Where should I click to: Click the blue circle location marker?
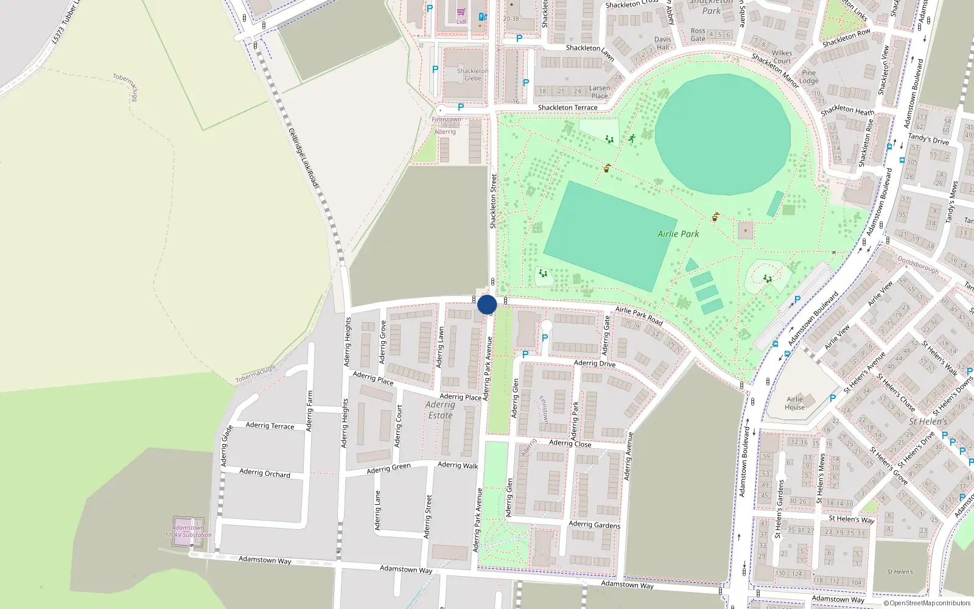coord(487,304)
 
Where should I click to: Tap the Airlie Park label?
coord(678,234)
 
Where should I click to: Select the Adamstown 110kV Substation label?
coord(189,531)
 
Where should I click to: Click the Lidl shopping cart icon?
coord(461,12)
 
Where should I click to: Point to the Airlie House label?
coord(794,403)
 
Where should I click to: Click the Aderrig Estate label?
coord(440,410)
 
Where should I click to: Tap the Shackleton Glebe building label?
coord(473,74)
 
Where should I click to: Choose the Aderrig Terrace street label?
coord(270,425)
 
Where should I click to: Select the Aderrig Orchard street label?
coord(265,473)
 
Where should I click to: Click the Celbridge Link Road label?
coord(303,157)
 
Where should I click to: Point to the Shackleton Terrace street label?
coord(567,108)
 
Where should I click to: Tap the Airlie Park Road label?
coord(639,315)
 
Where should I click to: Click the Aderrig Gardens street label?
coord(594,524)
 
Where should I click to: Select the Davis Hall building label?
coord(663,43)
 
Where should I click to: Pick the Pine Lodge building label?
coord(808,77)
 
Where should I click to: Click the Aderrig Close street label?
coord(570,443)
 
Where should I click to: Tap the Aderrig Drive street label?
coord(595,364)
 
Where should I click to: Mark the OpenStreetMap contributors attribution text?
coord(927,603)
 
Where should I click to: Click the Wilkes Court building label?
coord(782,57)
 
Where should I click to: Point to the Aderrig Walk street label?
coord(458,465)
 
